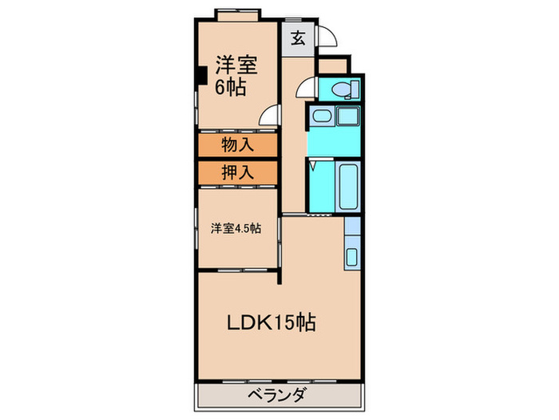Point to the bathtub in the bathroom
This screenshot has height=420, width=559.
click(349, 186)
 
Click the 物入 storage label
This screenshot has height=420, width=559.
click(237, 145)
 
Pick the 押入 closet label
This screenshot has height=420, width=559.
click(237, 173)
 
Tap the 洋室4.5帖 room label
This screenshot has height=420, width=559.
click(236, 228)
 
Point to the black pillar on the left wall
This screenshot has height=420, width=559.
click(202, 77)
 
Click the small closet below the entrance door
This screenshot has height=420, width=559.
click(332, 65)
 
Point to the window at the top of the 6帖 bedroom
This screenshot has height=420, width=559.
click(237, 14)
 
